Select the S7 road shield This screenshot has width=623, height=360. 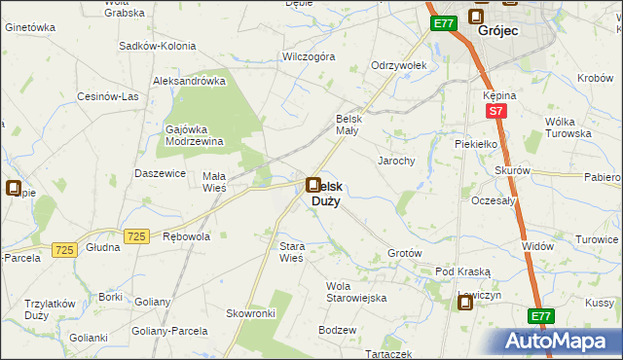point(495,112)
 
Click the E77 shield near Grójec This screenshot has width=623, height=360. point(444,23)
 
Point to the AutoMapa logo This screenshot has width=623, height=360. point(563,342)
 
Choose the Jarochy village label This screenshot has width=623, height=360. point(397,161)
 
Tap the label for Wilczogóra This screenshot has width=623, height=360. point(308,57)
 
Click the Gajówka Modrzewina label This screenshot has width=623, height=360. point(195,135)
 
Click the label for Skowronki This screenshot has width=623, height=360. point(251,313)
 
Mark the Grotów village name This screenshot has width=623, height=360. point(404,253)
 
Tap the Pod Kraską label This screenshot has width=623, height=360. point(462,271)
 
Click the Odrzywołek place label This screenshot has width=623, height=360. point(395,66)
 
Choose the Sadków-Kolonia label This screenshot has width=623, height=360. point(157,46)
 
